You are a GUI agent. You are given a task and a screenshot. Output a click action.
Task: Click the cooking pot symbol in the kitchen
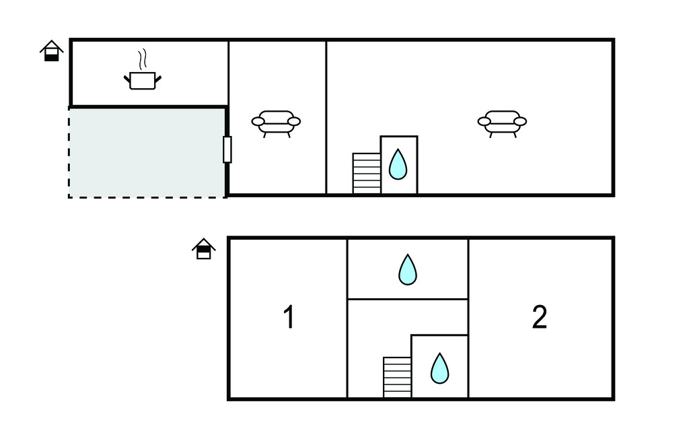pos(143,81)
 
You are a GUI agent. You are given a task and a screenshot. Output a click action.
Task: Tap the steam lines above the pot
pos(141,60)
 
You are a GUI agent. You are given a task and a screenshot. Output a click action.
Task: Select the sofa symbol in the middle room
pos(276,124)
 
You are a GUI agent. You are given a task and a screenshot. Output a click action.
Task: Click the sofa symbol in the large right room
pos(502,124)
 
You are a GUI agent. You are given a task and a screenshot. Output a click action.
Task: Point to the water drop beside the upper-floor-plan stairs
pos(398,164)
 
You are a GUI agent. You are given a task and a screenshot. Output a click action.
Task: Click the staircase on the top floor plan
pos(367,173)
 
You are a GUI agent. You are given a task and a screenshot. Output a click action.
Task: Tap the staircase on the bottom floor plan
pos(397,377)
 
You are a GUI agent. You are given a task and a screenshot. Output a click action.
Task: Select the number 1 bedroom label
pos(289,316)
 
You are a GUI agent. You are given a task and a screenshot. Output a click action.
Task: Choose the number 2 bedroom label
pos(540,316)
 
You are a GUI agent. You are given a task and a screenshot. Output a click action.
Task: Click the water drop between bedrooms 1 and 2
pos(408,269)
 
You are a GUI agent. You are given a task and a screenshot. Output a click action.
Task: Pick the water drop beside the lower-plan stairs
pos(440,368)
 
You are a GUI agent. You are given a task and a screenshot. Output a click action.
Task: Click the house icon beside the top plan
pos(52,50)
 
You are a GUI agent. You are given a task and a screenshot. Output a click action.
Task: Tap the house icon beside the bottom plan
pos(204,248)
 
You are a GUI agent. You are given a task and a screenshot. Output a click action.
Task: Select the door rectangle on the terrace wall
pos(227,149)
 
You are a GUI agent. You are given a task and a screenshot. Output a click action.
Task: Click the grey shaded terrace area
pos(147,152)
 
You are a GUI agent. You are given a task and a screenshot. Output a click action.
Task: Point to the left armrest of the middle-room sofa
pos(258,121)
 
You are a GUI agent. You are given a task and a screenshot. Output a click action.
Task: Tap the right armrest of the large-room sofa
pos(520,121)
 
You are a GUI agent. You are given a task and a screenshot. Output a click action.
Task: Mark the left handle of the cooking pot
pos(127,79)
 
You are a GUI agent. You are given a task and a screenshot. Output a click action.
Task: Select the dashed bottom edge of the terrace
pos(147,197)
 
